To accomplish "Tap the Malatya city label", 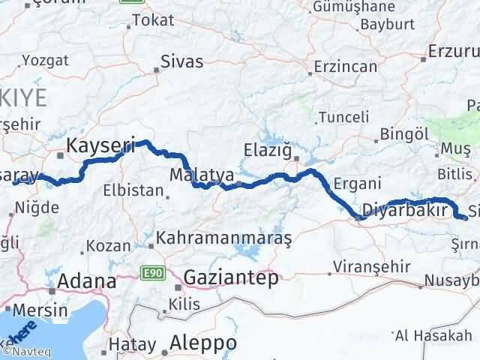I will tap(196, 175).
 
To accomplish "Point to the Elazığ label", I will tap(268, 151).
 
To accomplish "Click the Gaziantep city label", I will tap(231, 277).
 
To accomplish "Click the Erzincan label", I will tap(346, 66).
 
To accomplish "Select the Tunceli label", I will tap(343, 117).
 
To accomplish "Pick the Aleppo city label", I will tap(203, 342).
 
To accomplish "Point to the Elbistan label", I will tap(134, 190).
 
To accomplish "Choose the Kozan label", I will tap(103, 245).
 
